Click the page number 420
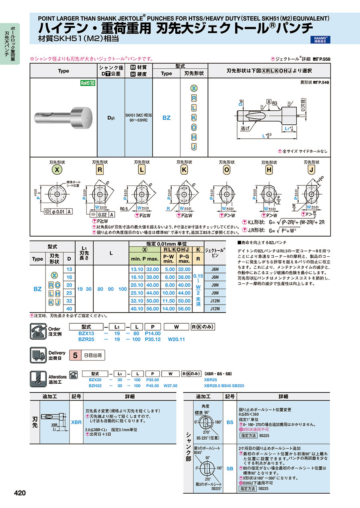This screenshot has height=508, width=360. click(20, 493)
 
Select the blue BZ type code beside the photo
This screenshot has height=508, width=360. click(166, 118)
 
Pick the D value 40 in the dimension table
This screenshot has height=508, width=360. click(69, 308)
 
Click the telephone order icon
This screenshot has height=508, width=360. click(38, 331)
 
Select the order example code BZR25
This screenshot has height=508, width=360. click(86, 339)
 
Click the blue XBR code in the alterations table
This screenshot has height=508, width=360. click(76, 422)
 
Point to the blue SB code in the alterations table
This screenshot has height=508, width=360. click(230, 468)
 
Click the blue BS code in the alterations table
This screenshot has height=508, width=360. click(230, 422)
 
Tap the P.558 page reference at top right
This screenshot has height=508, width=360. click(324, 59)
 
